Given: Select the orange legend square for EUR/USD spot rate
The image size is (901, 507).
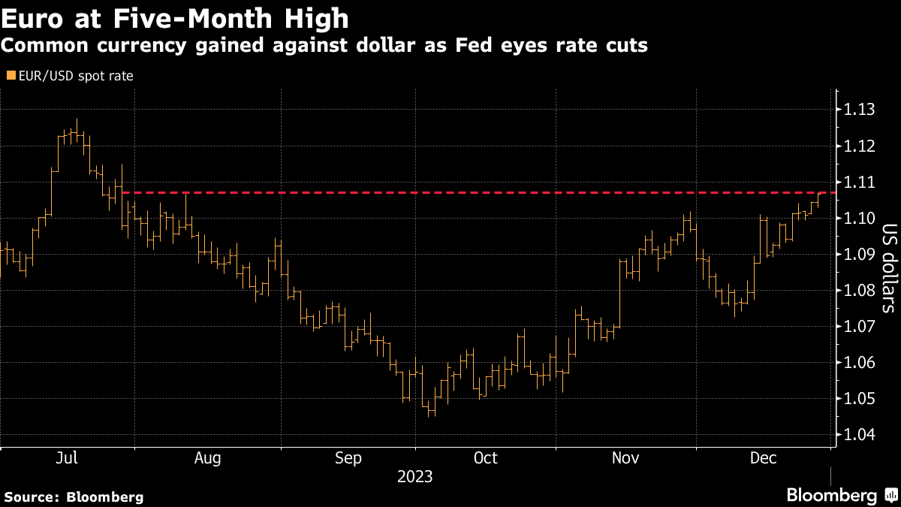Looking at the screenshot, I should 11,75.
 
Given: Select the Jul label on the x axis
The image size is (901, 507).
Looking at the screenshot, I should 68,458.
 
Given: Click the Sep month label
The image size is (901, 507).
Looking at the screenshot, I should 349,458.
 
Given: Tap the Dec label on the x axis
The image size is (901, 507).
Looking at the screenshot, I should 763,458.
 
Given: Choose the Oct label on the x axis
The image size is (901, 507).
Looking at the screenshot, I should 486,458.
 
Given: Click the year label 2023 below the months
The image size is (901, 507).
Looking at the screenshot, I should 415,477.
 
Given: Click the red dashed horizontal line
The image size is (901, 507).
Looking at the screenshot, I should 450,193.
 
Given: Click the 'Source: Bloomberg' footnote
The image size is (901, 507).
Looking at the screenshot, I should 74,496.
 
